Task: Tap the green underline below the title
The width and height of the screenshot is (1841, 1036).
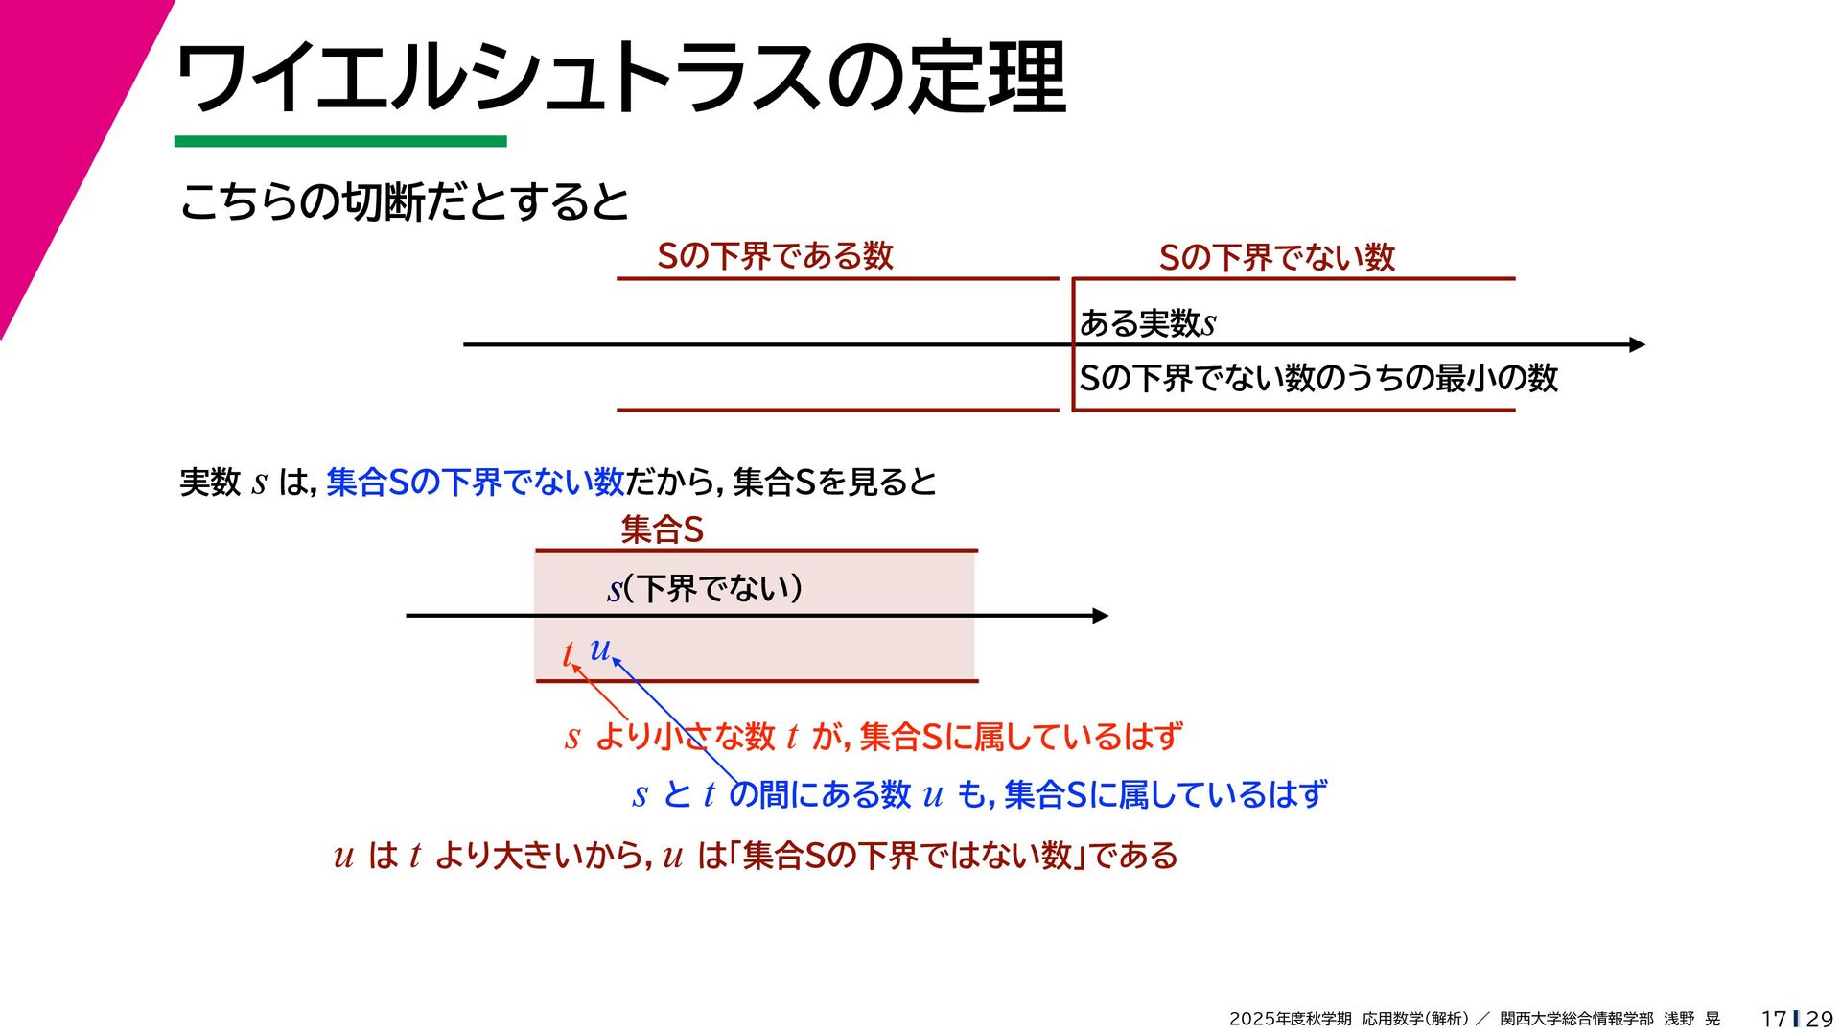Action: pyautogui.click(x=340, y=142)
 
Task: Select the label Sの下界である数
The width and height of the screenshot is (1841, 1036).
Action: pyautogui.click(x=775, y=256)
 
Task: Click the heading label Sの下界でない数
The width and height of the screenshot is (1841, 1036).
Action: pyautogui.click(x=1276, y=257)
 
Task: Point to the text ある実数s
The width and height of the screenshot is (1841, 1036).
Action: pyautogui.click(x=1148, y=323)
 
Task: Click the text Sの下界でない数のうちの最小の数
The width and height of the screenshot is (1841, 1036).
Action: pyautogui.click(x=1318, y=378)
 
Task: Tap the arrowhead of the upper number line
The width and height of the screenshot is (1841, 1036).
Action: pyautogui.click(x=1637, y=344)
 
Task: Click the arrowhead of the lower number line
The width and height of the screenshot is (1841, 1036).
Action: pyautogui.click(x=1101, y=616)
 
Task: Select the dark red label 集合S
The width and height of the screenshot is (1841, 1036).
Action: pyautogui.click(x=662, y=530)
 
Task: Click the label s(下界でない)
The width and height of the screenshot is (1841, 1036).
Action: pyautogui.click(x=705, y=588)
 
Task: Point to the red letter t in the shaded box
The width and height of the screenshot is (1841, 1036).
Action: pyautogui.click(x=568, y=654)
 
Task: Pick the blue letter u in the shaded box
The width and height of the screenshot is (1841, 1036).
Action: pyautogui.click(x=599, y=648)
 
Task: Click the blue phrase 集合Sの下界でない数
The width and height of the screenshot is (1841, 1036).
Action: pyautogui.click(x=476, y=482)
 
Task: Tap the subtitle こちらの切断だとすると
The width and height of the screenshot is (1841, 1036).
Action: pyautogui.click(x=404, y=201)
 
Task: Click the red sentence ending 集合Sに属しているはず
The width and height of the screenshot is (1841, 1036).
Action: pyautogui.click(x=874, y=737)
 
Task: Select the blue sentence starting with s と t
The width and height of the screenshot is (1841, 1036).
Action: pyautogui.click(x=979, y=794)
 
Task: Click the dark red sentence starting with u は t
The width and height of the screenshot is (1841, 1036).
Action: pyautogui.click(x=756, y=855)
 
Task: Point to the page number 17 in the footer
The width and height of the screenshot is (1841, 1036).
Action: pyautogui.click(x=1773, y=1019)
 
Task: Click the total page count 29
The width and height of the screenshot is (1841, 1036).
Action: pyautogui.click(x=1819, y=1019)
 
